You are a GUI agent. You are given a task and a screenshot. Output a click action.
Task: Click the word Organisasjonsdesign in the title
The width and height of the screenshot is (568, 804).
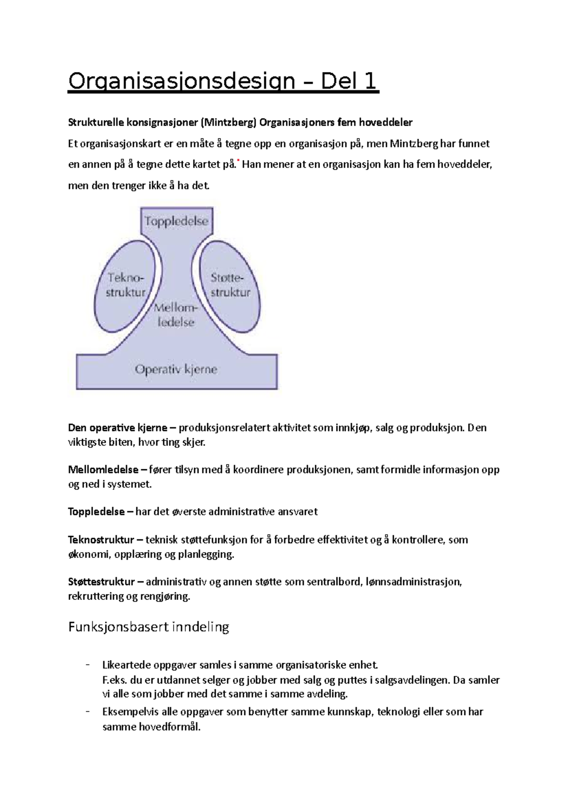pyautogui.click(x=181, y=81)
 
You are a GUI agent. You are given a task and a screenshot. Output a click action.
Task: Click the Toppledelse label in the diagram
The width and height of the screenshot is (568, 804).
pyautogui.click(x=176, y=221)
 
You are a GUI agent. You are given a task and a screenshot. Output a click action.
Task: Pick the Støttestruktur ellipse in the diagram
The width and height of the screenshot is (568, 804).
pyautogui.click(x=230, y=286)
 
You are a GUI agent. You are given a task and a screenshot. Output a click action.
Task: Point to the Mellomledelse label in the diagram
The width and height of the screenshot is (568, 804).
pyautogui.click(x=176, y=315)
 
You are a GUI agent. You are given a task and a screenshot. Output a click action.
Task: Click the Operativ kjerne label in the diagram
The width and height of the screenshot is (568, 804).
pyautogui.click(x=176, y=369)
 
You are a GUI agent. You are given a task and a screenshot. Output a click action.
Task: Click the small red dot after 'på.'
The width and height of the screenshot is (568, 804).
pyautogui.click(x=238, y=161)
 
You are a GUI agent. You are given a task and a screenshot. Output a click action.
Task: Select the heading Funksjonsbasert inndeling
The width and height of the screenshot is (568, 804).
pyautogui.click(x=149, y=627)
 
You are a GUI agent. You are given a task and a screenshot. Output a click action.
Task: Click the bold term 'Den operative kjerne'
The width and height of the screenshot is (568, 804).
pyautogui.click(x=117, y=428)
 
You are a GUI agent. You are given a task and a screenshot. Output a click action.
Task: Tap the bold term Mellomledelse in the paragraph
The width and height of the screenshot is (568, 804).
pyautogui.click(x=103, y=470)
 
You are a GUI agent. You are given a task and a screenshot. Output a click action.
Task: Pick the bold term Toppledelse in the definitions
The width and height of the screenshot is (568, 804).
pyautogui.click(x=96, y=512)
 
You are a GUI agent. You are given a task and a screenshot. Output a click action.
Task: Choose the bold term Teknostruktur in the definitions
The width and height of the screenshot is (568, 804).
pyautogui.click(x=101, y=540)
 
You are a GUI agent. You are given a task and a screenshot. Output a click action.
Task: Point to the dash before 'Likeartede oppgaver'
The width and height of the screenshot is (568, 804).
pyautogui.click(x=88, y=665)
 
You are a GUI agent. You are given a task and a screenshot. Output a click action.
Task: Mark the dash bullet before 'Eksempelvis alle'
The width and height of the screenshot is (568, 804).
pyautogui.click(x=88, y=712)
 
